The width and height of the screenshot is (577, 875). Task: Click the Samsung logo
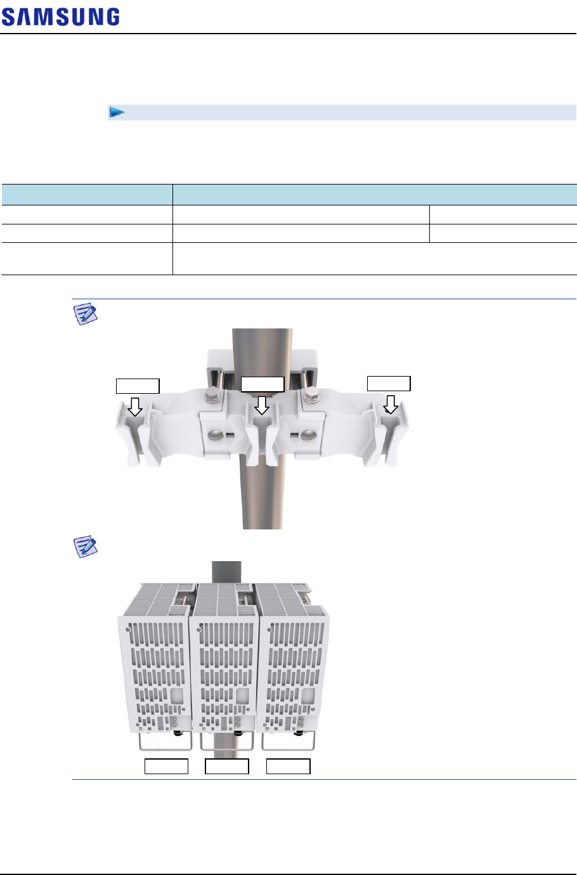[60, 16]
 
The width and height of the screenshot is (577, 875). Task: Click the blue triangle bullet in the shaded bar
[117, 112]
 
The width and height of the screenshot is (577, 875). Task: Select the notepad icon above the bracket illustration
[86, 313]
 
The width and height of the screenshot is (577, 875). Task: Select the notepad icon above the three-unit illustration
[86, 546]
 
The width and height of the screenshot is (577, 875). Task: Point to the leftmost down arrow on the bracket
[135, 406]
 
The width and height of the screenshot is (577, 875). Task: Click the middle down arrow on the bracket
[262, 405]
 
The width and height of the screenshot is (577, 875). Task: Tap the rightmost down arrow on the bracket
[390, 405]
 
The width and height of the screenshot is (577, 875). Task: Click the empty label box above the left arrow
[138, 386]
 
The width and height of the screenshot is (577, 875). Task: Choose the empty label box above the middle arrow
[263, 384]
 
